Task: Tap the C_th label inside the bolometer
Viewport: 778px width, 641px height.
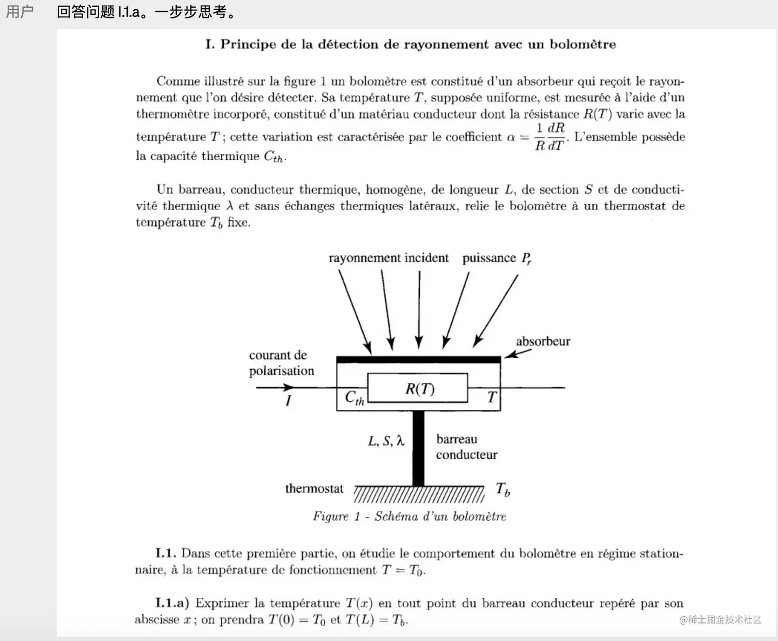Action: tap(354, 397)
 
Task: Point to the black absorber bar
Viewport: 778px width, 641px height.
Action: tap(418, 359)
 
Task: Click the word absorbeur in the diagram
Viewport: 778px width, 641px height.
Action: tap(543, 341)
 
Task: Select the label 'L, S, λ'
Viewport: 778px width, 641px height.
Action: tap(386, 441)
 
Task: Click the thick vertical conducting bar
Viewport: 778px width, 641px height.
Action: tap(418, 448)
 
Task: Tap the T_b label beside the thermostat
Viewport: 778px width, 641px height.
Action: tap(503, 489)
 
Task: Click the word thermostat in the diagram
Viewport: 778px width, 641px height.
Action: tap(314, 489)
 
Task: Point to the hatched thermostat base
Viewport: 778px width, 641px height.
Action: tap(419, 494)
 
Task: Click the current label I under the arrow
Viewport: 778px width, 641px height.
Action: tap(288, 401)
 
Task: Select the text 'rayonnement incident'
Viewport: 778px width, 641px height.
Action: tap(388, 258)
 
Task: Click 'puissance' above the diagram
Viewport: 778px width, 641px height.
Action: tap(489, 258)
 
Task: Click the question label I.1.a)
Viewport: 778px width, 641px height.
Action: tap(172, 603)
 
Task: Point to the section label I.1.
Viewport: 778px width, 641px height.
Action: tap(166, 553)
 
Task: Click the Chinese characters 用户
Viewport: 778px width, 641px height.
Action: tap(20, 11)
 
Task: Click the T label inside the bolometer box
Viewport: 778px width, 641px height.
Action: tap(491, 397)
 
